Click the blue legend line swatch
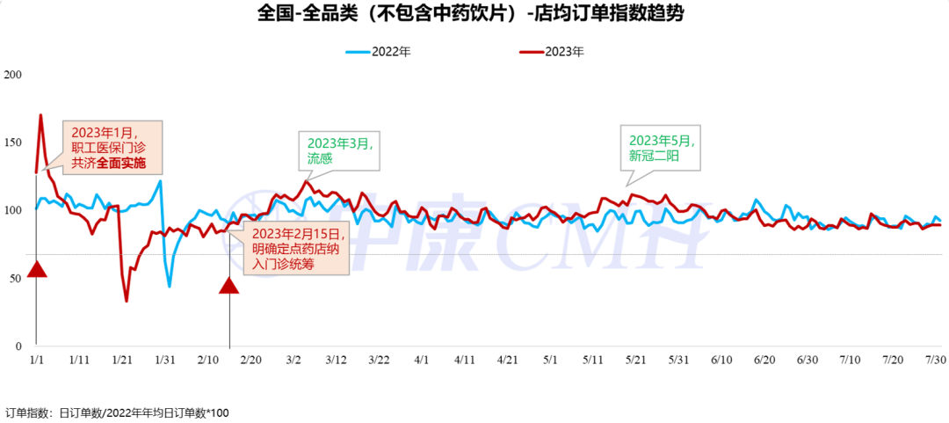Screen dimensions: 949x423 click(358, 53)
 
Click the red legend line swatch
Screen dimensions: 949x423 click(532, 53)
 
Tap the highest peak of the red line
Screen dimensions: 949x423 click(40, 114)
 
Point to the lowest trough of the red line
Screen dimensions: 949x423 click(126, 302)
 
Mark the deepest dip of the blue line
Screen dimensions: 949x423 click(170, 287)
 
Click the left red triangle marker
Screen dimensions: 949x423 click(36, 270)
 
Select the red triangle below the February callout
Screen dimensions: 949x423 click(228, 285)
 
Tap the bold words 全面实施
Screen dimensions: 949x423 click(121, 164)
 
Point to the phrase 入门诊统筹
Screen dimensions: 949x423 click(283, 264)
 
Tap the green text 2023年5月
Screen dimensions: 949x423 click(658, 140)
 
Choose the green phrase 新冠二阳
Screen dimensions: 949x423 click(653, 156)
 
